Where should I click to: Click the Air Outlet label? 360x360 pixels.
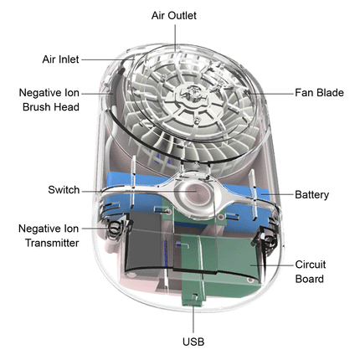tap(174, 16)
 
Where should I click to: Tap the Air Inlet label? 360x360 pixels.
tap(60, 59)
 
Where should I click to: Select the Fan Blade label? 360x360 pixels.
tap(319, 93)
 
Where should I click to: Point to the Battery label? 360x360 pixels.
tap(311, 194)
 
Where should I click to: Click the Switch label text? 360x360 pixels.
tap(64, 190)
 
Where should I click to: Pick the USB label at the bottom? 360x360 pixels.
tap(193, 342)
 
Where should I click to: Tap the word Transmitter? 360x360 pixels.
tap(52, 243)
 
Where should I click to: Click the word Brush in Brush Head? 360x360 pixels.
tap(38, 107)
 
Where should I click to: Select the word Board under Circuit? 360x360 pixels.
tap(310, 279)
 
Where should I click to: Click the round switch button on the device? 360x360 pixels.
tap(194, 193)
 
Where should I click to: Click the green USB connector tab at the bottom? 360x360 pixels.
tap(193, 299)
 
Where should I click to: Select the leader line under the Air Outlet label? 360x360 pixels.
tap(175, 38)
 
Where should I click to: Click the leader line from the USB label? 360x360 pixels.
tap(193, 319)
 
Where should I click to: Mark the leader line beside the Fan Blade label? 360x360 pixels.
tap(270, 94)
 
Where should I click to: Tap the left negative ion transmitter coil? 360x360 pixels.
tap(114, 229)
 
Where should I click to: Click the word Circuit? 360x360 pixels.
tap(311, 265)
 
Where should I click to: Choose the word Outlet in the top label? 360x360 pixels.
tap(183, 16)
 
